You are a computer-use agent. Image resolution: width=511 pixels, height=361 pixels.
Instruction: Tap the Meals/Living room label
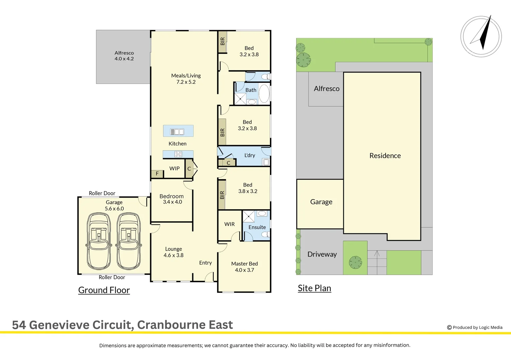(x=186, y=79)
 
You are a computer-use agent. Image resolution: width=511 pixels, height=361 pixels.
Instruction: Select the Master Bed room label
(x=244, y=267)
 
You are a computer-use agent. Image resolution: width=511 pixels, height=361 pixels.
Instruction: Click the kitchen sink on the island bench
(x=177, y=132)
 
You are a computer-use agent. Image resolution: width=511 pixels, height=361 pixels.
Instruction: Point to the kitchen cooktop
(x=178, y=154)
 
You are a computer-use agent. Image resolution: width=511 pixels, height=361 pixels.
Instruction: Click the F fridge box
(x=157, y=174)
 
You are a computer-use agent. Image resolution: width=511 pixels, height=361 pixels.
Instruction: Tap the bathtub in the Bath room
(x=264, y=93)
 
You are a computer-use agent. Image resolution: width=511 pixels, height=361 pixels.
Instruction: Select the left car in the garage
(x=99, y=241)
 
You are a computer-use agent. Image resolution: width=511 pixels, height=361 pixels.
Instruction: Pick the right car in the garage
(x=128, y=241)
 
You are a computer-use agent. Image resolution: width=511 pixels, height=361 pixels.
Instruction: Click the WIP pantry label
(x=175, y=168)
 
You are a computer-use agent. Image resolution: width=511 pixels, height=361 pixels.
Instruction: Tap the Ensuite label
(x=257, y=227)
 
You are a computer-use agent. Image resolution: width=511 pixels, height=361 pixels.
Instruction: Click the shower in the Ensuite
(x=248, y=216)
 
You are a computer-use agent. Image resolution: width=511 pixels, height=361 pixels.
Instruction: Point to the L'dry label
(x=250, y=155)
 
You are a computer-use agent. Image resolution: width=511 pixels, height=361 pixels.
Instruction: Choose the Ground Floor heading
(x=104, y=290)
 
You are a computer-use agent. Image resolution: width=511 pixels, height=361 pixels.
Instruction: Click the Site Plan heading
(x=314, y=288)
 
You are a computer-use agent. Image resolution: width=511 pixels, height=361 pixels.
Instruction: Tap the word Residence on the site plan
(x=385, y=156)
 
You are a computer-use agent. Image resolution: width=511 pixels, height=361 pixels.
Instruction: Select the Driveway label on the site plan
(x=322, y=254)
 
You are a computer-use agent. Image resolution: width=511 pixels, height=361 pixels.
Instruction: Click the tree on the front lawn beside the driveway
(x=355, y=262)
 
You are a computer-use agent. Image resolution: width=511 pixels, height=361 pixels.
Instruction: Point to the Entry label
(x=205, y=263)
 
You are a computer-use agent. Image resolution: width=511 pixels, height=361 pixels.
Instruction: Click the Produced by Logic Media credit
(x=475, y=328)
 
